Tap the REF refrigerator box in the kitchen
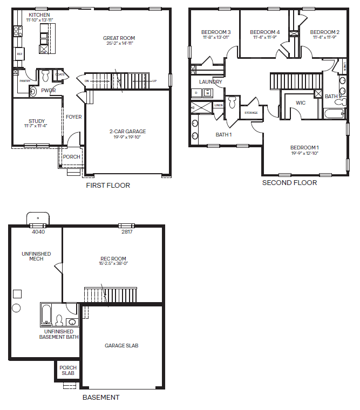coord(20,54)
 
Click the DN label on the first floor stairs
coord(86,81)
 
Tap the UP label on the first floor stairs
coord(155,81)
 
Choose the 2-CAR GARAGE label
coord(128,131)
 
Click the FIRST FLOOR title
coord(108,185)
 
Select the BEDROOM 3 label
coord(216,32)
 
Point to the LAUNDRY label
coord(210,82)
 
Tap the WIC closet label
coord(301,102)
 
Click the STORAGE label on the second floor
coord(251,113)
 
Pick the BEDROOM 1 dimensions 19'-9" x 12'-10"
coord(304,153)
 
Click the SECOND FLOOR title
coord(289,182)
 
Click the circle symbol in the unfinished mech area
coord(16,308)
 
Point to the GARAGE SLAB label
coord(121,345)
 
